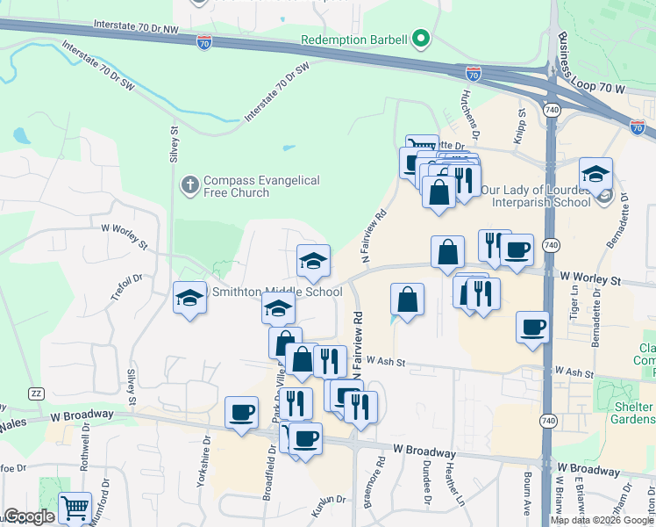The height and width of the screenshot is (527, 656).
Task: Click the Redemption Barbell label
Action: pyautogui.click(x=353, y=40)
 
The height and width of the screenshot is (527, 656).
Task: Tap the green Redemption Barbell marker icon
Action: pyautogui.click(x=421, y=39)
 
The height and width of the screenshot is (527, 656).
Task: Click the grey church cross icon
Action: pyautogui.click(x=189, y=185)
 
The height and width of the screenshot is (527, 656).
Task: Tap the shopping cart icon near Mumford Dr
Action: pyautogui.click(x=75, y=508)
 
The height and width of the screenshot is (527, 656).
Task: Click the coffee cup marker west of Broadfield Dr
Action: pyautogui.click(x=241, y=411)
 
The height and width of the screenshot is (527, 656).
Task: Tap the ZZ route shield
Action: pyautogui.click(x=36, y=393)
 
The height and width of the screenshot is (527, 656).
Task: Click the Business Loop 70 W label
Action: pyautogui.click(x=603, y=89)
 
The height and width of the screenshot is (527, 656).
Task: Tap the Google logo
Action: pyautogui.click(x=29, y=516)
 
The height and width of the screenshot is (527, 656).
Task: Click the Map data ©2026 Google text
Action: pyautogui.click(x=601, y=520)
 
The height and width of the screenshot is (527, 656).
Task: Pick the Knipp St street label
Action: pyautogui.click(x=520, y=125)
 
